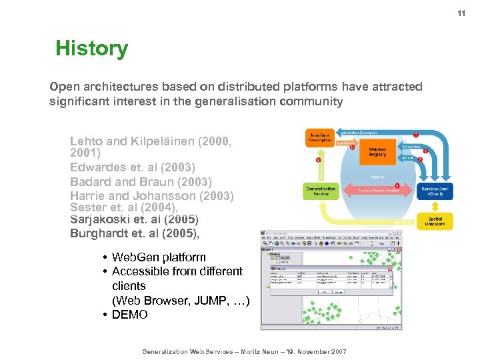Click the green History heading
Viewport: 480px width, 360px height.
pyautogui.click(x=91, y=49)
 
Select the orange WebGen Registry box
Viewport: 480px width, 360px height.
pyautogui.click(x=377, y=151)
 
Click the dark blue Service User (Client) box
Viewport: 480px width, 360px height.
pyautogui.click(x=437, y=191)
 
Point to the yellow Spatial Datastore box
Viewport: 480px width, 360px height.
pyautogui.click(x=436, y=221)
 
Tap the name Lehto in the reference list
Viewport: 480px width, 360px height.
pyautogui.click(x=87, y=141)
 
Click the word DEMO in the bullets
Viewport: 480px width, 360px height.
pyautogui.click(x=130, y=315)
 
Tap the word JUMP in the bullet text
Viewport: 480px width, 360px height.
pyautogui.click(x=211, y=301)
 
